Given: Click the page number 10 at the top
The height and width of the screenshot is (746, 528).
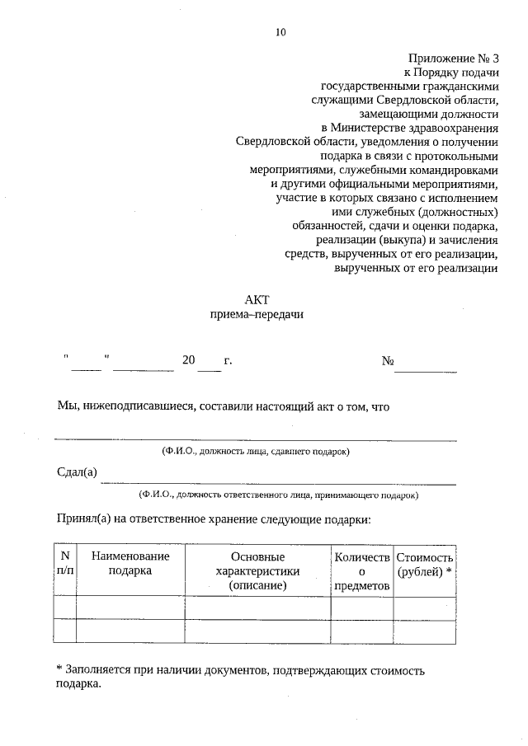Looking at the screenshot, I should point(280,32).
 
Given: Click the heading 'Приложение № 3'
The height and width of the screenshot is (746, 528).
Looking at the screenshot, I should point(454,59).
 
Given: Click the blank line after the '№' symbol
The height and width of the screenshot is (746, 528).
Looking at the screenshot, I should point(425,369).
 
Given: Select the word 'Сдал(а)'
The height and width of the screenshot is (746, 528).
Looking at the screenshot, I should point(77,472).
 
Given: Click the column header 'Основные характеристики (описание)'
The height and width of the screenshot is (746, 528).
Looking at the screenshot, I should point(257,570).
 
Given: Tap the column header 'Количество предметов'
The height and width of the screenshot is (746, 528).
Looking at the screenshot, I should point(361,570).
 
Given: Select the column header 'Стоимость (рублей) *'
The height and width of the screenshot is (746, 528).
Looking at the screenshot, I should point(424,564).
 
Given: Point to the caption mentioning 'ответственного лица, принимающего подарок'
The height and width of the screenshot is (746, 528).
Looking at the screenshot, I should point(278,495).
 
